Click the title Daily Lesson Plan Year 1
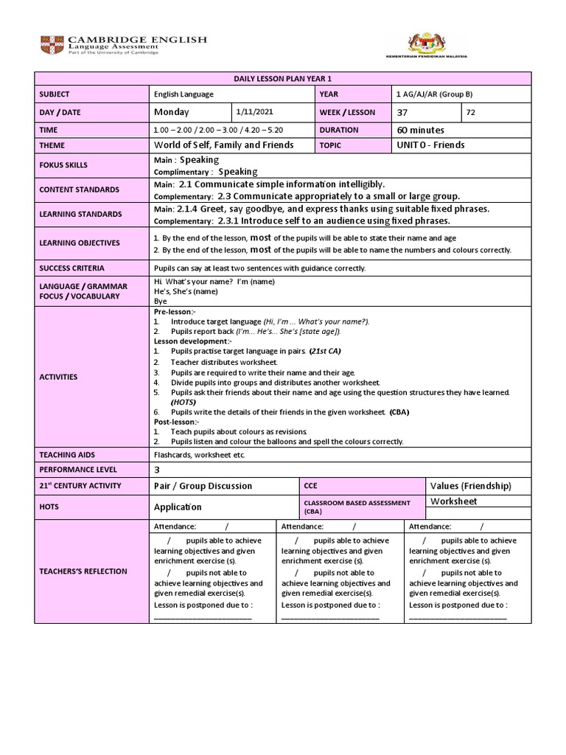coord(282,79)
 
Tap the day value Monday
coord(172,112)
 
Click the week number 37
coord(402,112)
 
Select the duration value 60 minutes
coord(422,129)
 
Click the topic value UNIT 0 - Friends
coord(430,145)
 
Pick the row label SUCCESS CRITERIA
coord(72,268)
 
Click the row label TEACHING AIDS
coord(68,455)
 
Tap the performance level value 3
coord(157,470)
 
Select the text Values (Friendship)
coord(469,486)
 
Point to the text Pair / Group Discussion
coord(203,486)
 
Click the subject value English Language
coord(184,95)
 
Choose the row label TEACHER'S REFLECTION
coord(83,571)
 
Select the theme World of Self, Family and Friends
coord(223,145)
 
